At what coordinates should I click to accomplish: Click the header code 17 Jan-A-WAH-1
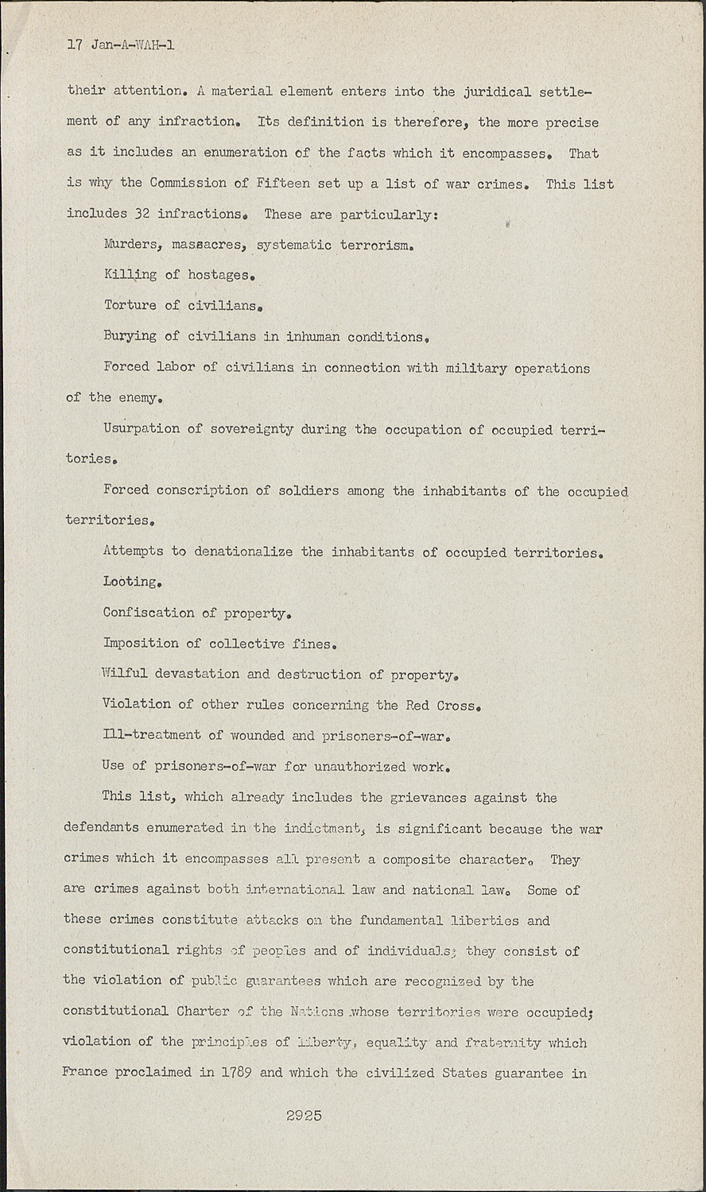click(121, 45)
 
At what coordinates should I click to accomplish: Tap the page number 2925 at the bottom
click(304, 1116)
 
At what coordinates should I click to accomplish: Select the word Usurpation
click(141, 428)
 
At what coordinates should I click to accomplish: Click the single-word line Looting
click(132, 582)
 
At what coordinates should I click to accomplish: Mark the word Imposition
click(140, 643)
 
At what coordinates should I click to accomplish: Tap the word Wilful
click(124, 673)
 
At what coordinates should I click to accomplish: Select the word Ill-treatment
click(151, 736)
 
